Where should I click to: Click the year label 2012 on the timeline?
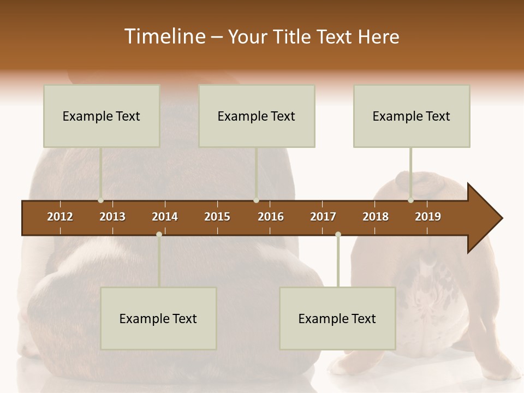[x=60, y=217]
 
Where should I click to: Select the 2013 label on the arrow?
[x=112, y=217]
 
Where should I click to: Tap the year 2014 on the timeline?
[x=165, y=217]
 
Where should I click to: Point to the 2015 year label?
[x=217, y=217]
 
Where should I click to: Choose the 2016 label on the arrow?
[x=271, y=217]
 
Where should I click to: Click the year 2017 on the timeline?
[x=323, y=217]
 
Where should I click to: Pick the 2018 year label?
[x=376, y=217]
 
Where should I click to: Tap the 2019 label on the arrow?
[x=428, y=217]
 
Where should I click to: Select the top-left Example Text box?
[x=102, y=116]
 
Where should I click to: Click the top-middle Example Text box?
[x=257, y=116]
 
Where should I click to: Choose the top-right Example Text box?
[x=412, y=116]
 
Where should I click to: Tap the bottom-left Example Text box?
[x=158, y=318]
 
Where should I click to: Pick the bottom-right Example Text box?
[x=337, y=318]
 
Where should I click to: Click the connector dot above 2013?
[x=100, y=200]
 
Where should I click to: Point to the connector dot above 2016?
[x=256, y=200]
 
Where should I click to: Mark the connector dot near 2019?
[x=410, y=200]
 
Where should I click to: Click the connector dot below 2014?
[x=159, y=234]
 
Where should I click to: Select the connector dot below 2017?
[x=338, y=234]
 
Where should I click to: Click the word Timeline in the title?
[x=164, y=37]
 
